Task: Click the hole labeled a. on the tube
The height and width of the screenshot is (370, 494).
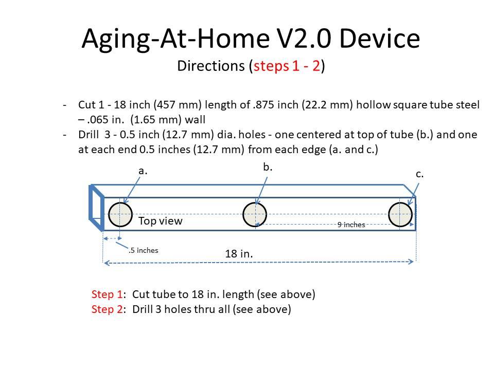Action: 120,214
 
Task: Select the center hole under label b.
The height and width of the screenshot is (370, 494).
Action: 255,214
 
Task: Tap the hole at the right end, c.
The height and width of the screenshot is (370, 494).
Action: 400,214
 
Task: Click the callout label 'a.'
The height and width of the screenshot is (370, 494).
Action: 143,171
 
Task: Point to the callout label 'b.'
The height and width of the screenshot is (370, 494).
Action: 268,167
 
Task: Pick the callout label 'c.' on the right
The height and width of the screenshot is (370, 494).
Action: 420,174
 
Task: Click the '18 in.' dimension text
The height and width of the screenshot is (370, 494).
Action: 239,253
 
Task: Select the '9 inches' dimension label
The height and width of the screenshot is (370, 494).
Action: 351,225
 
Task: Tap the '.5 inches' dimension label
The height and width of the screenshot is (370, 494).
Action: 144,250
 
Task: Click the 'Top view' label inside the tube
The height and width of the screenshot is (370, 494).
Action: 161,221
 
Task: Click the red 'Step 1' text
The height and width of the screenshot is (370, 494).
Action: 107,294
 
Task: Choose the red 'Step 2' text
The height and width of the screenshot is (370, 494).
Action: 107,309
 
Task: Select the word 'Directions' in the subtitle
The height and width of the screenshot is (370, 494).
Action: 211,66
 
